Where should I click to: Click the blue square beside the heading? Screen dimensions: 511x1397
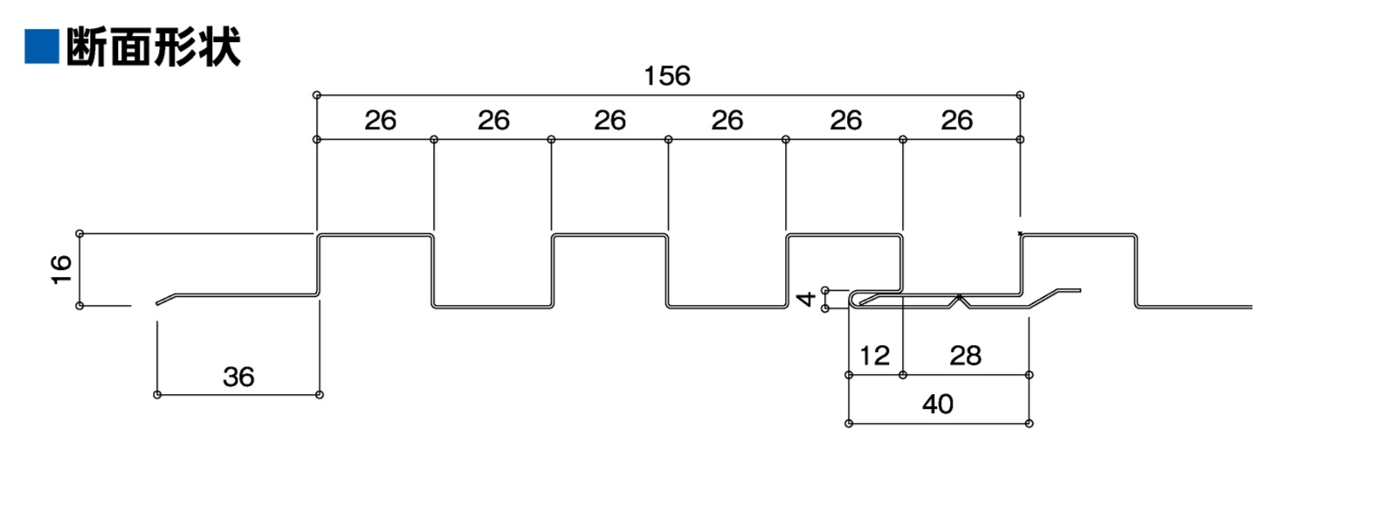point(41,46)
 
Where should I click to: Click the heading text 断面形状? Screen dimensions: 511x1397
point(153,47)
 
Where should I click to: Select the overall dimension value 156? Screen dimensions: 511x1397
point(667,76)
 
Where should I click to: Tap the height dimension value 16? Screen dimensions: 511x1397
point(60,269)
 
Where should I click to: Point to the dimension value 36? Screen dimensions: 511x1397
point(238,376)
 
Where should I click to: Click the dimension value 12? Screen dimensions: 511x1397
point(874,356)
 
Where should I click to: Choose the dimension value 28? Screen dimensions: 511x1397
point(965,356)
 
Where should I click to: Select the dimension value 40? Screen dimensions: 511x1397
point(938,404)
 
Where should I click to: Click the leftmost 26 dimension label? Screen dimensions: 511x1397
point(380,121)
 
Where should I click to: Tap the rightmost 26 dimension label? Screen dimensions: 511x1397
point(957,121)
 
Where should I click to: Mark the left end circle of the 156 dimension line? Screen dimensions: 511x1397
point(316,95)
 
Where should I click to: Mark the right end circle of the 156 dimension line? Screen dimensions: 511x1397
point(1020,95)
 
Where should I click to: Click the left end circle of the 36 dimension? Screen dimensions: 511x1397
point(157,395)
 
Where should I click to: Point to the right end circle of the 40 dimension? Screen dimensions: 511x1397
point(1029,424)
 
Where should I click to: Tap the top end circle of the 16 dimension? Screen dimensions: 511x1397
point(79,233)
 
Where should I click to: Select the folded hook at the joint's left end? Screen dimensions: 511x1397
point(856,299)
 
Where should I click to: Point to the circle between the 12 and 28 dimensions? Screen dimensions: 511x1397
point(903,375)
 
